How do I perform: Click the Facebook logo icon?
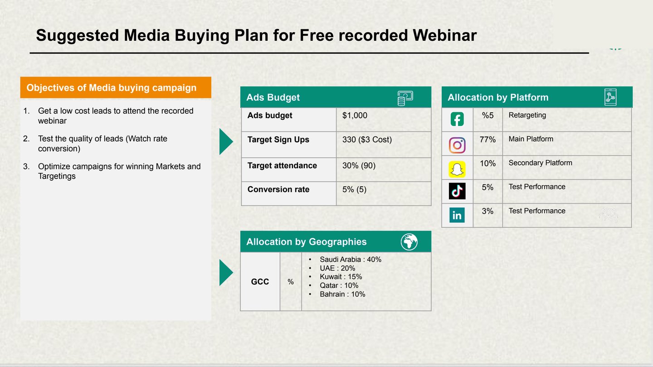pos(457,120)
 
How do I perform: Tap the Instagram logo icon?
pos(457,145)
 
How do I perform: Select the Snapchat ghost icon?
pos(457,169)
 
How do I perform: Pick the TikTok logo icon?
pos(457,191)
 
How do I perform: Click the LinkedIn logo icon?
pos(457,215)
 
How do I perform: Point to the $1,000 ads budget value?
pos(355,116)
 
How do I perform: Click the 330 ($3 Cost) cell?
pos(367,140)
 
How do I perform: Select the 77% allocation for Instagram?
pos(487,140)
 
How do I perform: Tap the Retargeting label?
pos(527,115)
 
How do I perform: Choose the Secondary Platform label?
pos(540,163)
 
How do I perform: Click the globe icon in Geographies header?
pos(409,242)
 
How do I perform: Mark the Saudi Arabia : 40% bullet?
pos(350,260)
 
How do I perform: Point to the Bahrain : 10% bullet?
pos(342,294)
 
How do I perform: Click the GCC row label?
pos(260,282)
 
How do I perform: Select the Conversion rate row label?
pos(278,189)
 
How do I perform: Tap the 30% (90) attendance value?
pos(359,165)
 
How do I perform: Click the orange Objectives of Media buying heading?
pos(112,88)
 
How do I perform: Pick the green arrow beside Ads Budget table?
pos(226,141)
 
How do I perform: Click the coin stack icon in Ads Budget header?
pos(404,98)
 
